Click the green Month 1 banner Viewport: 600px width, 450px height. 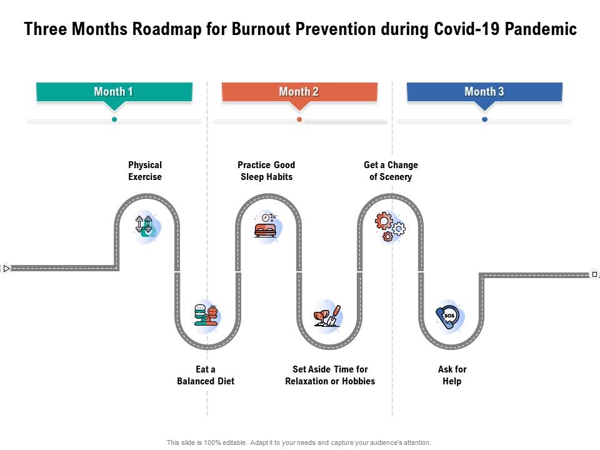coord(114,92)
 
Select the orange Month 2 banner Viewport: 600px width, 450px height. coord(299,92)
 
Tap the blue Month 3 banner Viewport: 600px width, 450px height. coord(484,92)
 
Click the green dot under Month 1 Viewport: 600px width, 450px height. coord(114,119)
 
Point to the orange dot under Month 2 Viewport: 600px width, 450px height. coord(299,119)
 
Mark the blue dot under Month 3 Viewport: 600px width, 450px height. coord(484,119)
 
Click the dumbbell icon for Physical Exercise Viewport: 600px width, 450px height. coord(146,226)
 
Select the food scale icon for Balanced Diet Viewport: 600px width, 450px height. coord(207,315)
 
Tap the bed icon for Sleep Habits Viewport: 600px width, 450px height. coord(266,226)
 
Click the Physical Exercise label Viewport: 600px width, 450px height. coord(145,171)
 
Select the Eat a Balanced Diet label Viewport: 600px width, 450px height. coord(206,375)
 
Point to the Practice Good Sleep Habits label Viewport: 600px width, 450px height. coord(266,171)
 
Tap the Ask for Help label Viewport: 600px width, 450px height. coord(452,375)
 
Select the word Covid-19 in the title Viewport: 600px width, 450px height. coord(492,29)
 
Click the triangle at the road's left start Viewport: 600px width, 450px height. coord(6,269)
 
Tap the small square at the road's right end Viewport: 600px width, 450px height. coord(594,274)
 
